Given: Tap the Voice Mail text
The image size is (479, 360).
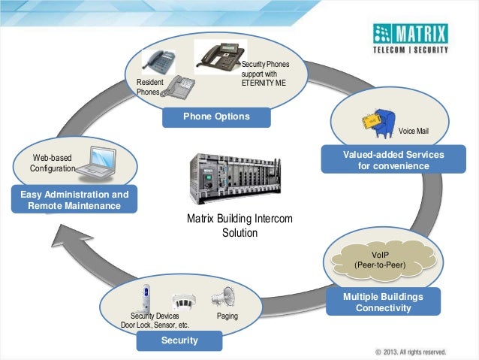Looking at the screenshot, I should [413, 131].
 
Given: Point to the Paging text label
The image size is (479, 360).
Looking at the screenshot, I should [227, 316].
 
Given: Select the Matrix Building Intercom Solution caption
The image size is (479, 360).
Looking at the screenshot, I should [239, 225].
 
